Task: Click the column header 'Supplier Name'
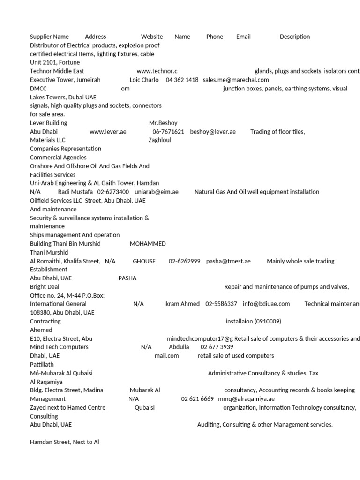point(49,37)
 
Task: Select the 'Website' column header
point(152,37)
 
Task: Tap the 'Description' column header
point(295,37)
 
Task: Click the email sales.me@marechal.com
point(236,80)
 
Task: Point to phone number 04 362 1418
point(182,80)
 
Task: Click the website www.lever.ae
point(108,132)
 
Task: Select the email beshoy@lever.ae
point(213,132)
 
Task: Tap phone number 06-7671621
point(168,132)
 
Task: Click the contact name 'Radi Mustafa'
point(75,192)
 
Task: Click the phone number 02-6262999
point(185,261)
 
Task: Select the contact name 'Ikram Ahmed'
point(182,304)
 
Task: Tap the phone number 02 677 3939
point(217,347)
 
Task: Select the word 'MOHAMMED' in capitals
point(148,244)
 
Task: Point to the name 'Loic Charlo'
point(144,80)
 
